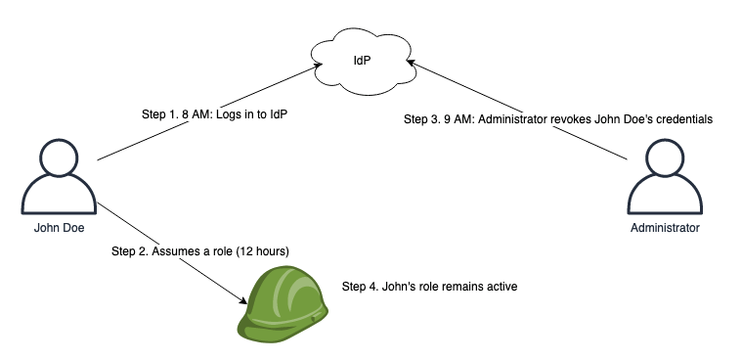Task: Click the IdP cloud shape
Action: [x=363, y=61]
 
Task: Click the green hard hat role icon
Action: [x=284, y=304]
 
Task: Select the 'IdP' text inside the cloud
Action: [x=363, y=61]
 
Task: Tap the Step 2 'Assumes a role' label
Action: [x=200, y=251]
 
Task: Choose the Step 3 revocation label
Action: [x=557, y=118]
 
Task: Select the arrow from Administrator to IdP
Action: [x=518, y=108]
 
